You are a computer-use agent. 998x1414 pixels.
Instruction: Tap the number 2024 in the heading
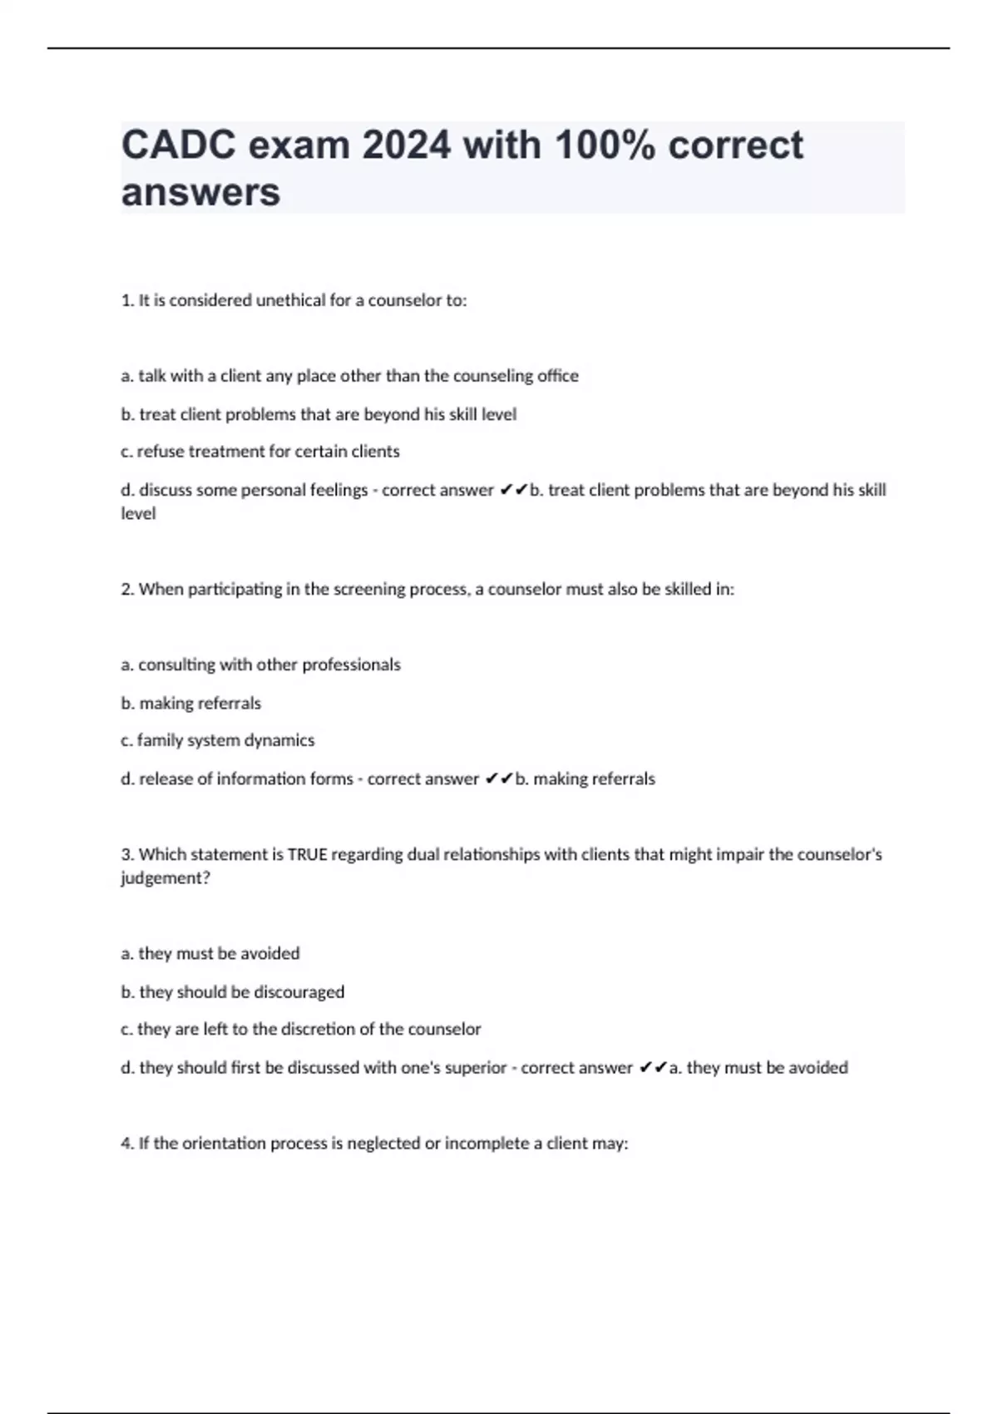click(x=407, y=146)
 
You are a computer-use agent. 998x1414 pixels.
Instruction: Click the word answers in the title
click(x=200, y=192)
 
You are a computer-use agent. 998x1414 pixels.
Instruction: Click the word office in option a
click(x=557, y=376)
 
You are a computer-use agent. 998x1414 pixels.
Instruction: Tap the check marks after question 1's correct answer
click(x=513, y=491)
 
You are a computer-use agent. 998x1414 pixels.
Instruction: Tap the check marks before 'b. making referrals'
click(x=499, y=779)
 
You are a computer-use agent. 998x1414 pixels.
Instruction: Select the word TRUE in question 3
click(x=307, y=855)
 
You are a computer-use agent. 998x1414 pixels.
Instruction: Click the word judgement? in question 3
click(x=166, y=878)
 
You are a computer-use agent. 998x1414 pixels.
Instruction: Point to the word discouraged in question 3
click(x=299, y=992)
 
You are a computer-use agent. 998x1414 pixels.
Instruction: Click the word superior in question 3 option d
click(x=476, y=1068)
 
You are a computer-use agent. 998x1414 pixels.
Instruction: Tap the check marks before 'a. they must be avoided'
click(x=653, y=1068)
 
